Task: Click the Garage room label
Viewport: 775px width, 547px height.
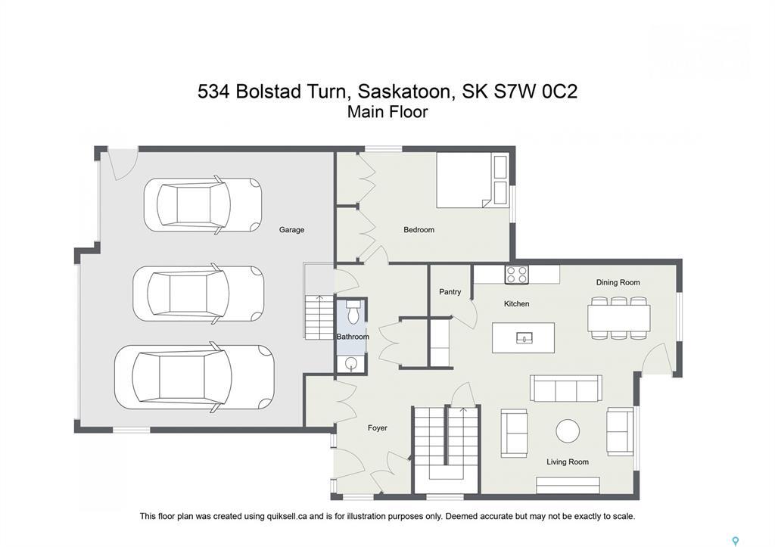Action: click(x=291, y=230)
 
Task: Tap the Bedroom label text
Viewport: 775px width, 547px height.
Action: click(x=419, y=230)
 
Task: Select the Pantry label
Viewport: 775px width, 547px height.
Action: click(x=450, y=292)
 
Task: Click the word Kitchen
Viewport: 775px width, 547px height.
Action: click(x=517, y=304)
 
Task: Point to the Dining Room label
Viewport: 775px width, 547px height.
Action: click(x=618, y=283)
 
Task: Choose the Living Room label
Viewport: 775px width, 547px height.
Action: click(x=568, y=462)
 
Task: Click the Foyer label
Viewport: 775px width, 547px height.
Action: click(x=377, y=428)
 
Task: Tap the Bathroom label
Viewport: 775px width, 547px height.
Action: click(x=353, y=337)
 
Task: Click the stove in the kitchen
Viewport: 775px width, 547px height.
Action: click(x=517, y=275)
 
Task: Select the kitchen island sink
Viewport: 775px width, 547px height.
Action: click(x=524, y=337)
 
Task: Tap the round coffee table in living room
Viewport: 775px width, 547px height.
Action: click(x=568, y=431)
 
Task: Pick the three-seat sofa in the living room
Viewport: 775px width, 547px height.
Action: click(x=565, y=388)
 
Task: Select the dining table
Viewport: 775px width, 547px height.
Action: click(x=618, y=319)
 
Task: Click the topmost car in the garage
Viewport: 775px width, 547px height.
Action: click(x=202, y=204)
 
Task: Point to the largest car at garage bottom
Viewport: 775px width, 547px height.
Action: click(x=193, y=377)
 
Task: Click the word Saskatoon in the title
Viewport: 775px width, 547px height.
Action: click(x=406, y=92)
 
